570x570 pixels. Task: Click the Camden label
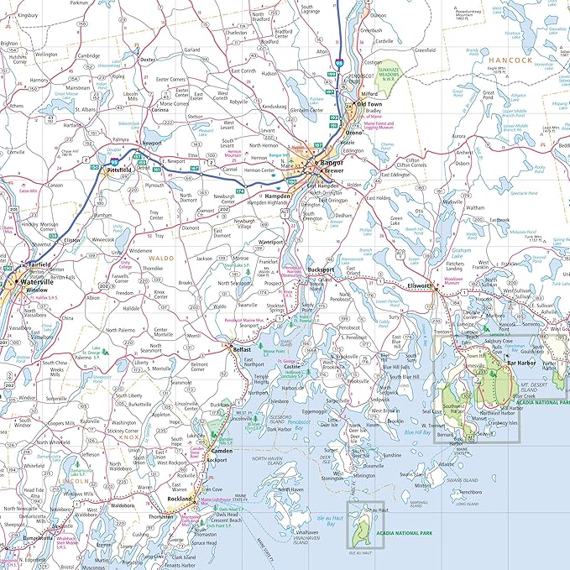pyautogui.click(x=221, y=450)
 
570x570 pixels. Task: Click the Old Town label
pyautogui.click(x=369, y=104)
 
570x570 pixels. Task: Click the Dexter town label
pyautogui.click(x=148, y=60)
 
